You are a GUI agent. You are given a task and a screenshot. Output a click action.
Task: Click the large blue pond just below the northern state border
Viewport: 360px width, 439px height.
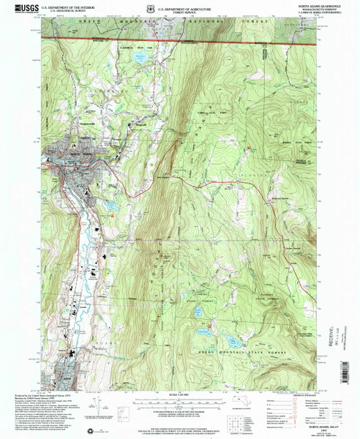point(139,56)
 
